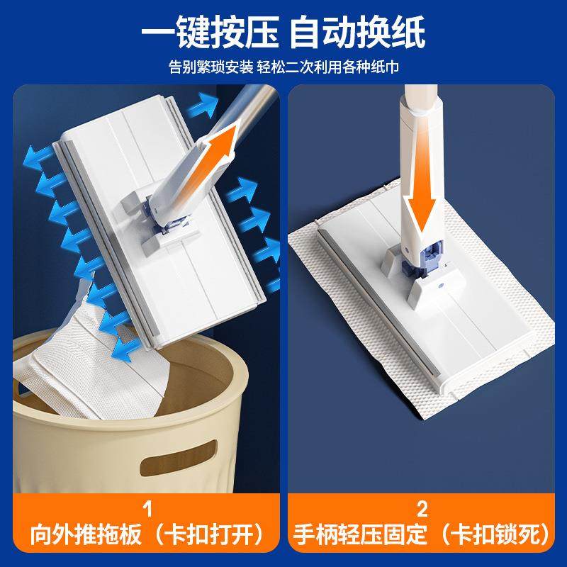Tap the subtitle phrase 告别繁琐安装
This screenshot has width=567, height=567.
[210, 68]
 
